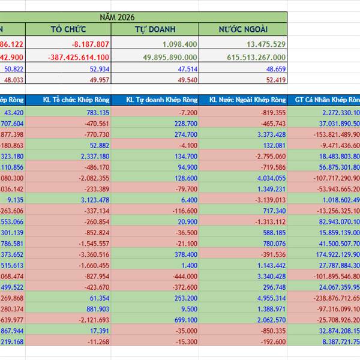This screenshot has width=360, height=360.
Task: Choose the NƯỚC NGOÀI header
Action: (243, 29)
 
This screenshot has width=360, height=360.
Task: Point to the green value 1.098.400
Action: (179, 44)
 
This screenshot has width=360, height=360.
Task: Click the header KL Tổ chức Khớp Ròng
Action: (76, 100)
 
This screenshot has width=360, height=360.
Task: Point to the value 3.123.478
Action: (94, 200)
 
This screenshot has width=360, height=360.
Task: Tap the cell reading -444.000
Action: (184, 275)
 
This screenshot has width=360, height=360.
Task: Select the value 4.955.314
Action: (269, 298)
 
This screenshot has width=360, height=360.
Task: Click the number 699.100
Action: (185, 320)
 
